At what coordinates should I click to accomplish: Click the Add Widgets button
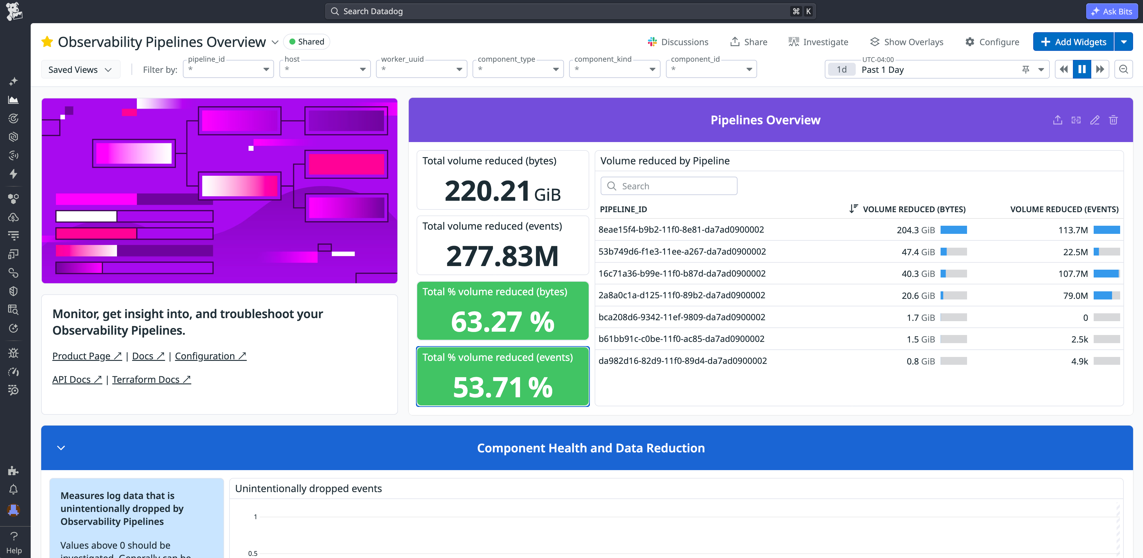click(x=1073, y=42)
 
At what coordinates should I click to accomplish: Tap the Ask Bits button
click(x=1112, y=11)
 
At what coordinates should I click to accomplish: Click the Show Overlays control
click(x=907, y=42)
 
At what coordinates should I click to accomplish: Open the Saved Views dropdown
click(x=80, y=70)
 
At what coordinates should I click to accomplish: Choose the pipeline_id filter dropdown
click(x=228, y=69)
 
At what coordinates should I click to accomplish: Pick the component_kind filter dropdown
click(x=614, y=69)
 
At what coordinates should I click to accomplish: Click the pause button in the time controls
click(x=1082, y=69)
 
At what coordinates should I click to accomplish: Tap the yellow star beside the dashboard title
click(x=47, y=42)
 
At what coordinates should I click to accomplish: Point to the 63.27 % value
click(x=502, y=321)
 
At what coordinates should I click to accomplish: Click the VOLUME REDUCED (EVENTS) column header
click(x=1064, y=209)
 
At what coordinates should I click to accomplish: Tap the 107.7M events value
click(x=1073, y=274)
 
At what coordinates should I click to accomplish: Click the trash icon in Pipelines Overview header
click(x=1113, y=120)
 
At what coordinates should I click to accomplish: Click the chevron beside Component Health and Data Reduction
click(x=61, y=448)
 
